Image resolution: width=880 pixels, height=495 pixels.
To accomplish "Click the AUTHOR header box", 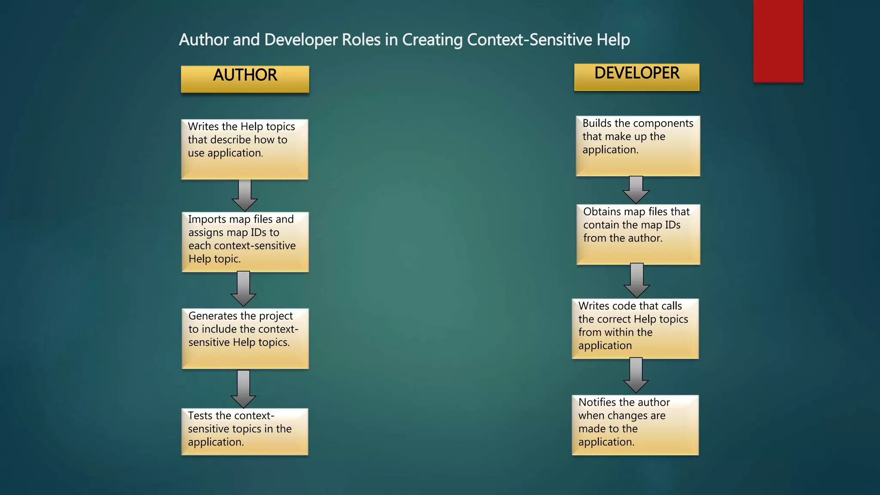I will coord(245,79).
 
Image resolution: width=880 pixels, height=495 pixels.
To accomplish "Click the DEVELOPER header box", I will coord(637,77).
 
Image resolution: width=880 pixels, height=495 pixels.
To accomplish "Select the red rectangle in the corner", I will coord(778,41).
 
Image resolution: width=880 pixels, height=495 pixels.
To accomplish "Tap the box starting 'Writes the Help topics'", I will coord(244,149).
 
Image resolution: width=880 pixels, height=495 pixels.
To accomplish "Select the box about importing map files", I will coord(245,241).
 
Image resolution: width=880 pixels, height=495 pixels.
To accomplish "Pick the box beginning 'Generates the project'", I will coord(245,338).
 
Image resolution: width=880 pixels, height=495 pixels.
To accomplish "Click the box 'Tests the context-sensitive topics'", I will coord(244,431).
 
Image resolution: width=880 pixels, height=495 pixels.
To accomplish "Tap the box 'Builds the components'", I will coord(638,146).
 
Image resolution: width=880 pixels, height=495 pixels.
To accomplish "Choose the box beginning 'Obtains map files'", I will coord(638,234).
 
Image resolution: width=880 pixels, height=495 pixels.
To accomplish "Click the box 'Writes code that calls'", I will coord(635,329).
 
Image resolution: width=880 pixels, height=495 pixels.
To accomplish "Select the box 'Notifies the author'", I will coord(635,425).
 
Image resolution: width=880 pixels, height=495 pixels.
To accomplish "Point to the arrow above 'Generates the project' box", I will coord(244,289).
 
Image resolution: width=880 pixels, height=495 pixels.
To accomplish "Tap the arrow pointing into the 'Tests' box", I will coord(244,389).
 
